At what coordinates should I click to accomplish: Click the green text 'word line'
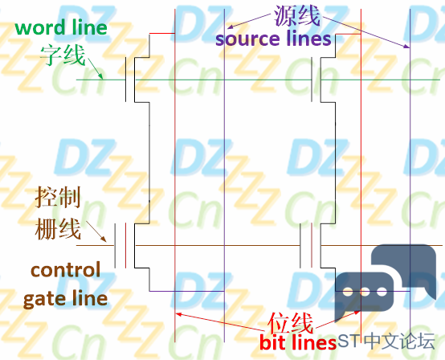pos(61,27)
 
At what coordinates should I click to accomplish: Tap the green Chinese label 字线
pos(63,55)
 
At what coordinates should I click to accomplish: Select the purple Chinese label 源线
pos(297,15)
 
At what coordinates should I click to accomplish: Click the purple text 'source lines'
pos(273,39)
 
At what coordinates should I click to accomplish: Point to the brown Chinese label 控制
pos(58,197)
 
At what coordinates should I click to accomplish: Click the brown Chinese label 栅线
pos(58,228)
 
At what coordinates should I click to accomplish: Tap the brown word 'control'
pos(66,270)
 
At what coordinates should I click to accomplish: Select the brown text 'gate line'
pos(66,299)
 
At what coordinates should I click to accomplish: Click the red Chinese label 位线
pos(290,323)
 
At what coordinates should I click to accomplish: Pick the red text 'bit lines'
pos(298,342)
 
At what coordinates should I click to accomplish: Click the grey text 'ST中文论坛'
pos(386,341)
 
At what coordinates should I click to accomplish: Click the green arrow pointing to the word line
pos(96,69)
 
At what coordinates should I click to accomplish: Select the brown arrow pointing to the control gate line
pos(96,231)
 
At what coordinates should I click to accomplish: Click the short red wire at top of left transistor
pos(162,34)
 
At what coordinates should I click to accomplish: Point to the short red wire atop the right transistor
pos(349,35)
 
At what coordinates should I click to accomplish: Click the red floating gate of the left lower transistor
pos(125,246)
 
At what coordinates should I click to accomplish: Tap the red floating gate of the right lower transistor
pos(312,246)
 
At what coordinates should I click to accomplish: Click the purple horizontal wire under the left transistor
pos(186,291)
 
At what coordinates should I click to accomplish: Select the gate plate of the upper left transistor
pos(126,80)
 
